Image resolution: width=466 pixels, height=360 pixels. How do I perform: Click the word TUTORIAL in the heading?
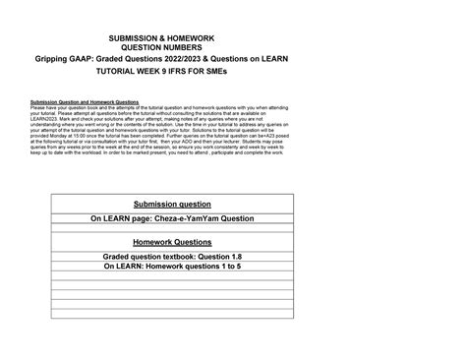[x=145, y=74]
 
